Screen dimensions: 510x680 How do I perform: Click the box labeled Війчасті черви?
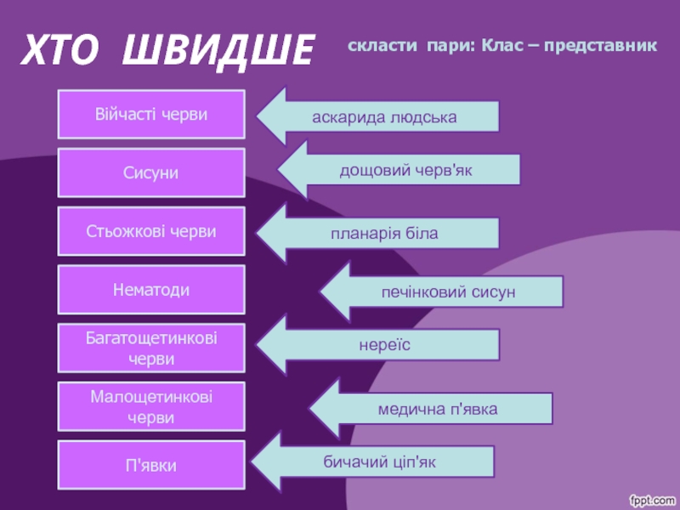click(151, 114)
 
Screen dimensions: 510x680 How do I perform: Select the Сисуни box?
click(151, 173)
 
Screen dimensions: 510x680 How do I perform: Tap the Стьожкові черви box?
click(151, 231)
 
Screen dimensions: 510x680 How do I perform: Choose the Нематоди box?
click(151, 290)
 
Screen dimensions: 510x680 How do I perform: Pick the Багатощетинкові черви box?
click(151, 348)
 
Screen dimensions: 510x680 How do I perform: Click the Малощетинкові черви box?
click(151, 407)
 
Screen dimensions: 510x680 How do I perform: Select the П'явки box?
click(151, 465)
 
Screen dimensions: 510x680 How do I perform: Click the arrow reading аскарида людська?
click(382, 116)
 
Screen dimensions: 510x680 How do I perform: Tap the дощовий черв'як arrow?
click(405, 170)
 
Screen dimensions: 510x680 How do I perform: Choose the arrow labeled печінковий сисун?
click(447, 292)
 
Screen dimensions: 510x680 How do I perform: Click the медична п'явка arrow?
click(437, 409)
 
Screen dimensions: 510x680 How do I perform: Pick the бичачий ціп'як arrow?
click(378, 462)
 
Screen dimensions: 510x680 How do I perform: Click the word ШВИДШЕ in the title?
click(218, 51)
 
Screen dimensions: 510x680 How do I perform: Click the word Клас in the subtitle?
click(501, 43)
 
